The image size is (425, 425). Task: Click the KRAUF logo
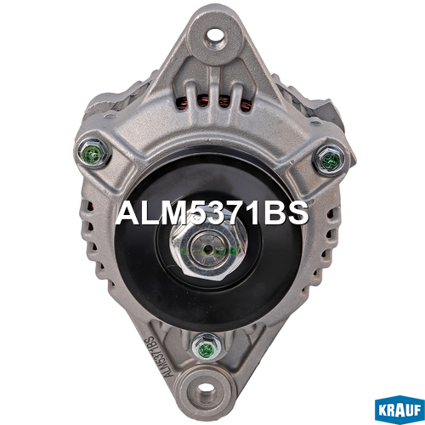(x=399, y=410)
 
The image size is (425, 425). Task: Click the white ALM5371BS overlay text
(x=212, y=212)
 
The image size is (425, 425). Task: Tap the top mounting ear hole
(x=216, y=36)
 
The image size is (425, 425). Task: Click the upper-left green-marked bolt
(x=93, y=154)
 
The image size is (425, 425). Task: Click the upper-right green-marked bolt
(x=330, y=160)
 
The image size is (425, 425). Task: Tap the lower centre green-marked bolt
(x=207, y=348)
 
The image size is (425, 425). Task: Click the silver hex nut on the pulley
(x=209, y=246)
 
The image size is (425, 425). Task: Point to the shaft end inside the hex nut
(x=209, y=249)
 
